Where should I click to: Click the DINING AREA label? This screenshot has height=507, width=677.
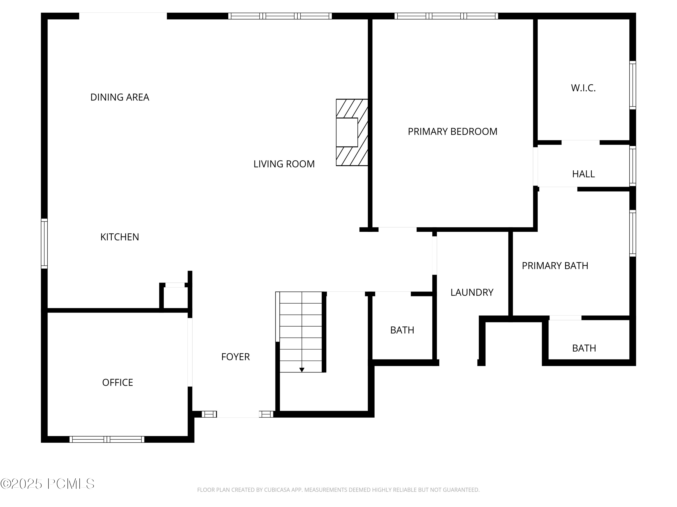(120, 97)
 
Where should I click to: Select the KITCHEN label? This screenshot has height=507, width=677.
(120, 237)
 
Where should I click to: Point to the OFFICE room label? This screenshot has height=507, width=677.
(118, 382)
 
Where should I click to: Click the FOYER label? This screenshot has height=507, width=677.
(235, 357)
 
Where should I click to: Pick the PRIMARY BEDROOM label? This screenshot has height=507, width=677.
(452, 131)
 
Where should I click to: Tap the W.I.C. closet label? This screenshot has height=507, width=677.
(583, 88)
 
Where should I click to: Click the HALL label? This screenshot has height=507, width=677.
(583, 174)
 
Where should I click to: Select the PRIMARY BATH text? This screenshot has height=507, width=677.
(555, 266)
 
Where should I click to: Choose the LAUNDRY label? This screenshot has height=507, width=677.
(472, 292)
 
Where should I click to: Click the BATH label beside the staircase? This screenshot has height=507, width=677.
(402, 330)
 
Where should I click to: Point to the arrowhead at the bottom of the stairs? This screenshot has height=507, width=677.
(302, 370)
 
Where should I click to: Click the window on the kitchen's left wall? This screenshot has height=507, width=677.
(44, 244)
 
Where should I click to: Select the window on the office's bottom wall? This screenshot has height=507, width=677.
(107, 439)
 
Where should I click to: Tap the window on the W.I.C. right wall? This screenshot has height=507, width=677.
(633, 85)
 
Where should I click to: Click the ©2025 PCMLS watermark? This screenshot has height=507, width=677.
(47, 484)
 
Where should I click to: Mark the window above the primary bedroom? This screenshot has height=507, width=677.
(446, 16)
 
